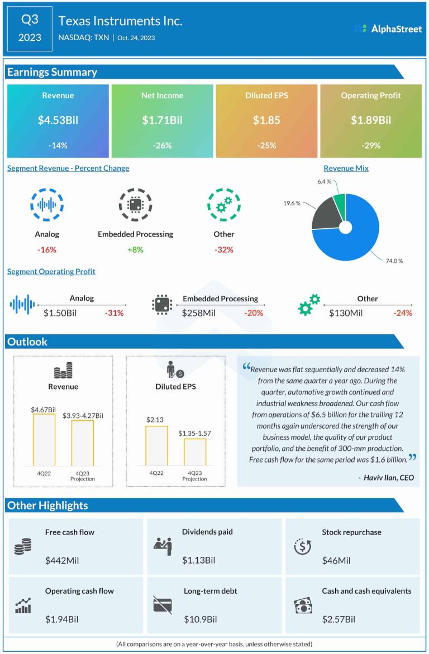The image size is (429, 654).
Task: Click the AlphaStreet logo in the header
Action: coord(388,28)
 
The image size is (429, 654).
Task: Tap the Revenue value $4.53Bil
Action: coord(58,120)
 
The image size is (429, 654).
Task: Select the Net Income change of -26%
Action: coord(162,146)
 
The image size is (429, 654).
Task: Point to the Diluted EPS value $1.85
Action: coord(266,120)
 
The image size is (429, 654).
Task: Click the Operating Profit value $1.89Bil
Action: coord(371,120)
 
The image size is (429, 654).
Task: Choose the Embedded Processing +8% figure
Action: coord(135,249)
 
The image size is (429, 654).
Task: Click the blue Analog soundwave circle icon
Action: coord(47,204)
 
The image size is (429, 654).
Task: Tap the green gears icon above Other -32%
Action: coord(223,204)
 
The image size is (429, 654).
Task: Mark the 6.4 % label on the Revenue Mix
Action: coord(324,182)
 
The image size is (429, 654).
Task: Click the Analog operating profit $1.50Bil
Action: coord(60,313)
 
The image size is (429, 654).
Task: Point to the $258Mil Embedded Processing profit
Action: coord(198,313)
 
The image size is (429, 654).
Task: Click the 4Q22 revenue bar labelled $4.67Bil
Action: coord(44,439)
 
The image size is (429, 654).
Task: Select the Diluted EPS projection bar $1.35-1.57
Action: coord(195,451)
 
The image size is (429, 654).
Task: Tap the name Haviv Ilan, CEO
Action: coord(386,478)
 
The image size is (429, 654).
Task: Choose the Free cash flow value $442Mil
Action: coord(62,560)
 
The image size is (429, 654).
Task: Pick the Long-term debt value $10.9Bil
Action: coord(200,619)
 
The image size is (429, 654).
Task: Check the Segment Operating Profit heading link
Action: coord(51,272)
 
